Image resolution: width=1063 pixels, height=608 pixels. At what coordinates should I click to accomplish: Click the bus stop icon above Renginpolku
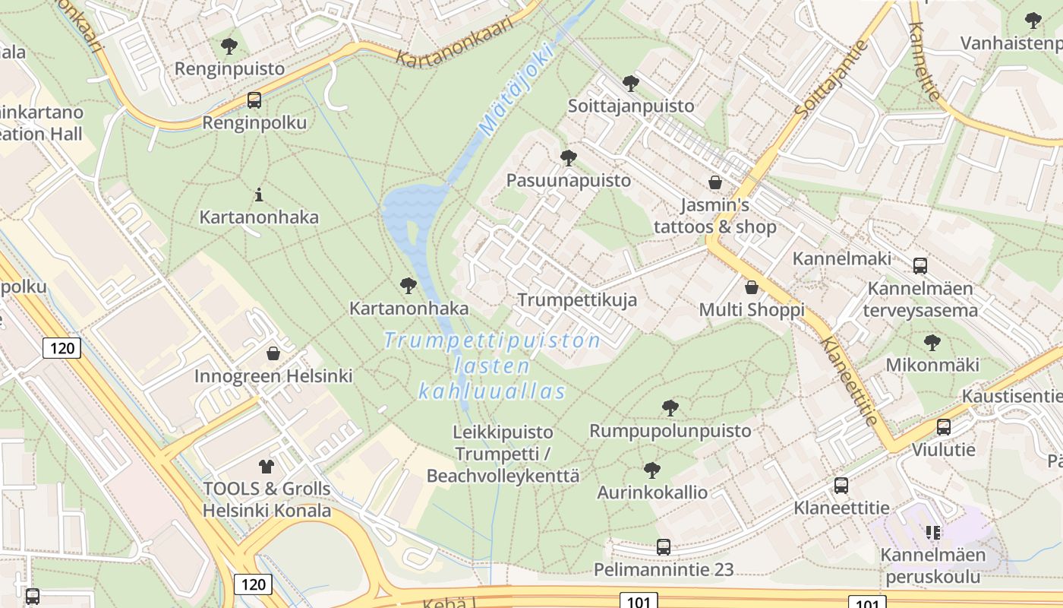(x=254, y=100)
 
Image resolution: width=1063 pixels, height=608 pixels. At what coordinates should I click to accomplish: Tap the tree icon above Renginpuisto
(x=229, y=46)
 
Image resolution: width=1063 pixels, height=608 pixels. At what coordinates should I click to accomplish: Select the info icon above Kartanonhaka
(x=259, y=195)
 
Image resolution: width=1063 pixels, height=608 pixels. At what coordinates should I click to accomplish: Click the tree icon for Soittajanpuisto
(x=630, y=83)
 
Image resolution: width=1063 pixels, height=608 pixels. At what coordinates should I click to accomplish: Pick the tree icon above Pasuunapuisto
(x=568, y=158)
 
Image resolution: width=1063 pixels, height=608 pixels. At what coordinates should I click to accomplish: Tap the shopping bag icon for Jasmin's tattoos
(x=714, y=182)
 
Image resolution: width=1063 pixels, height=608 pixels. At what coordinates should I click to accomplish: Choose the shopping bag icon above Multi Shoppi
(x=752, y=287)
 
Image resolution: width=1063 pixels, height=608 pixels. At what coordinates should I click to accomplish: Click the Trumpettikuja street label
(x=577, y=300)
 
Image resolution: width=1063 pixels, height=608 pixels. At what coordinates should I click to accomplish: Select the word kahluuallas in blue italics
(x=493, y=392)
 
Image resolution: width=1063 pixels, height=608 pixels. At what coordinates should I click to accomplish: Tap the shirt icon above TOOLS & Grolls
(x=266, y=466)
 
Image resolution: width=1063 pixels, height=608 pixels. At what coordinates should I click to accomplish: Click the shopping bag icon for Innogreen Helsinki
(x=273, y=353)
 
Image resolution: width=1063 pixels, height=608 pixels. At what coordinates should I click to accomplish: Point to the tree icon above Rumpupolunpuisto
(x=670, y=408)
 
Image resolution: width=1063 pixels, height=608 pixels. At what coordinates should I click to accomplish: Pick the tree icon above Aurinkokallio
(x=651, y=470)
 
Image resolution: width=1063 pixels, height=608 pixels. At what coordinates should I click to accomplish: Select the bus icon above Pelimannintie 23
(x=664, y=546)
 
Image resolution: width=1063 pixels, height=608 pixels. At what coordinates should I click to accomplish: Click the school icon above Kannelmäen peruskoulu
(x=932, y=532)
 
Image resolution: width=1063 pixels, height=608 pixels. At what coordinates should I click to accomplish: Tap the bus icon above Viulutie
(x=944, y=427)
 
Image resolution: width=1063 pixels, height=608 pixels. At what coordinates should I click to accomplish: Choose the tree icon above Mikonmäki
(x=932, y=343)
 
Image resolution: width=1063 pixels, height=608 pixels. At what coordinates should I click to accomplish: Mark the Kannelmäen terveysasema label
(x=920, y=299)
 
